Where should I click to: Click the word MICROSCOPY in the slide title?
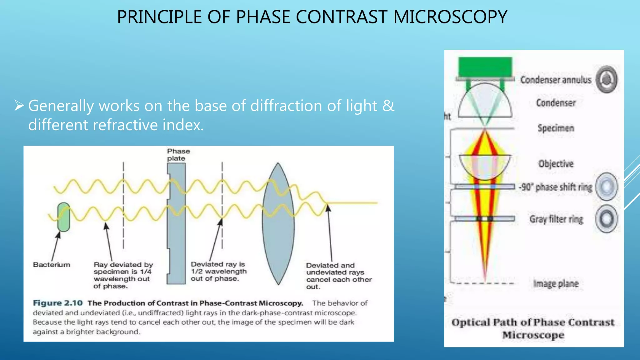[450, 17]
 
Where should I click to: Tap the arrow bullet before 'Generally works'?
[19, 106]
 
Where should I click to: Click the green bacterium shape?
[64, 217]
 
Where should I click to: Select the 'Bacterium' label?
[52, 265]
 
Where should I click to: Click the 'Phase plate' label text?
[178, 155]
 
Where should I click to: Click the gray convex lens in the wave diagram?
[278, 223]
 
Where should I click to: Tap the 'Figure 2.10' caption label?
[58, 303]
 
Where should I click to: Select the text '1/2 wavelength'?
[219, 271]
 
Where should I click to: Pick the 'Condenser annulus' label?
[556, 80]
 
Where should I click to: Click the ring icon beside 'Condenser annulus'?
[607, 79]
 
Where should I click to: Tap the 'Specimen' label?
[556, 128]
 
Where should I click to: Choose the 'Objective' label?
[556, 164]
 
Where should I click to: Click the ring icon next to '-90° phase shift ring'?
[607, 187]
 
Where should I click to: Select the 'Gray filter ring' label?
[556, 219]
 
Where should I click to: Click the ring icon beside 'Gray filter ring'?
[607, 218]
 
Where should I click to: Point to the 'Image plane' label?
[556, 283]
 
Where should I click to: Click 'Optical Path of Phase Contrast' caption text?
[533, 322]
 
